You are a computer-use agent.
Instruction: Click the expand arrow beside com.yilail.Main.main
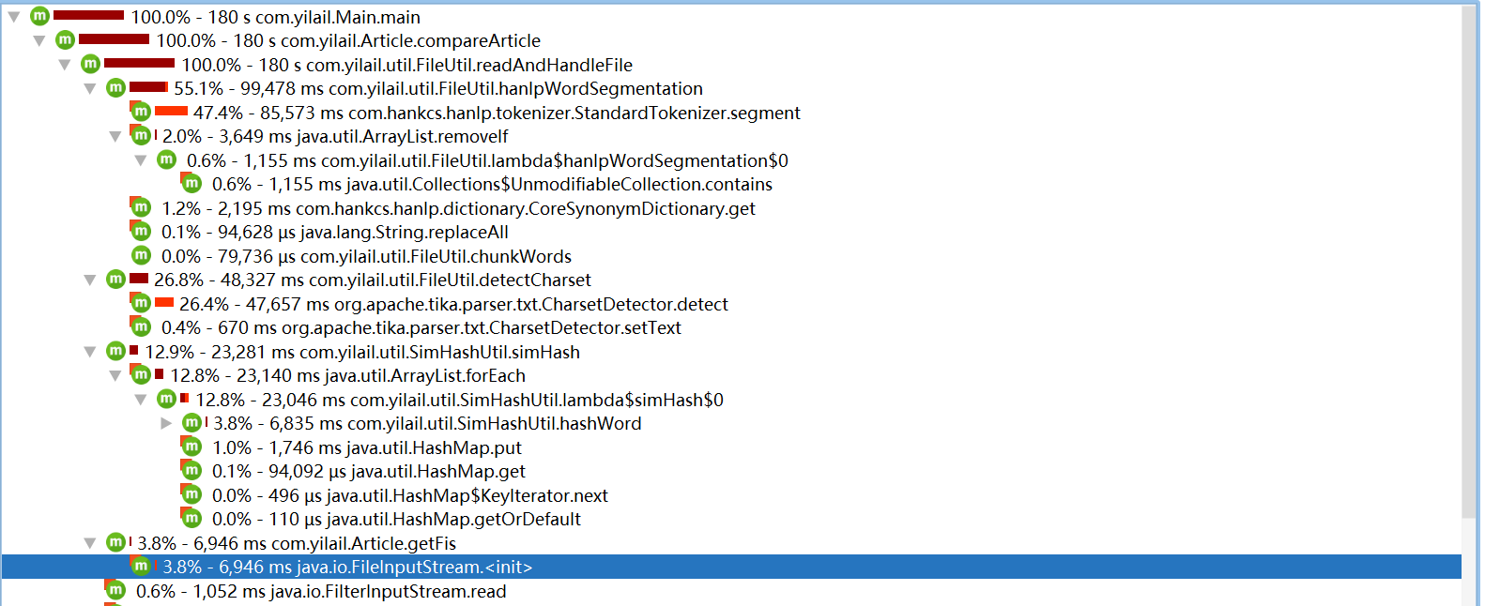(x=14, y=17)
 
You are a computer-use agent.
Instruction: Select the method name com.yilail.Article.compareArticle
(x=410, y=40)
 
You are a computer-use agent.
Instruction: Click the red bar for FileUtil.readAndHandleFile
(x=139, y=64)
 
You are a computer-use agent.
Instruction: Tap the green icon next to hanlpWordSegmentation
(x=115, y=88)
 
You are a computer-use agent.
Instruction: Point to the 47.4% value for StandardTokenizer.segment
(x=218, y=113)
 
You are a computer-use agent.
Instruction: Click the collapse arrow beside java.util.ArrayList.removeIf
(x=115, y=136)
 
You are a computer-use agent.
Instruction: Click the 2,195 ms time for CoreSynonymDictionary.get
(x=254, y=208)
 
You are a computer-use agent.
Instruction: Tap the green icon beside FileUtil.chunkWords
(x=141, y=255)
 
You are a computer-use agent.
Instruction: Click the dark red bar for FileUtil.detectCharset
(x=139, y=279)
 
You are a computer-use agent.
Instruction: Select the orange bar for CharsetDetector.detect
(x=164, y=302)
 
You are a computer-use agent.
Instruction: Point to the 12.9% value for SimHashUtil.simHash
(x=169, y=352)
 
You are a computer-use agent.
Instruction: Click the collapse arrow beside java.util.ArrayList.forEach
(x=115, y=375)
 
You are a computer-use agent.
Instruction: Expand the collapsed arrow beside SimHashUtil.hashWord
(x=166, y=423)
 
